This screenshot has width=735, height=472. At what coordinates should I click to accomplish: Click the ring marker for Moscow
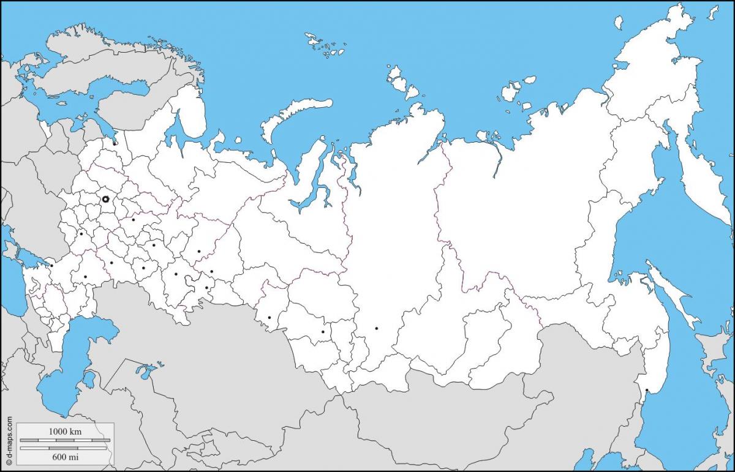105,200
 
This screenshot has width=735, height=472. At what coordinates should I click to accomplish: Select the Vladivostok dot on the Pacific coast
647,390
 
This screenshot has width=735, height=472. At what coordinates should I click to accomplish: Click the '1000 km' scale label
65,432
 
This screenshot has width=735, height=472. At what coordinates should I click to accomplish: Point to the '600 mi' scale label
65,456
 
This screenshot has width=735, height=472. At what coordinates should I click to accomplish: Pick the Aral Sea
147,371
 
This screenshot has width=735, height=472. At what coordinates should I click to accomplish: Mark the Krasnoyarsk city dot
376,328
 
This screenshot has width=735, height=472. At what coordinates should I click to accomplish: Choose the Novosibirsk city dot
323,332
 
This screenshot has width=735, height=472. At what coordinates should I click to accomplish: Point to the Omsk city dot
269,317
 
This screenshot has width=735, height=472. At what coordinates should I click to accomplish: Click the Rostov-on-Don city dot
52,266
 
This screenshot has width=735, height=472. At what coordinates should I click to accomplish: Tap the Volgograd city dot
85,277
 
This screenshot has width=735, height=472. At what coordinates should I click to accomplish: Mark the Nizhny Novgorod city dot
133,219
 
